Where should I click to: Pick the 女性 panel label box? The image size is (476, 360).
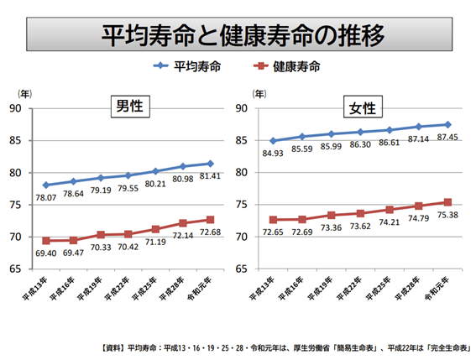tap(364, 107)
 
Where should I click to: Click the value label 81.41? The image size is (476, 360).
tap(210, 176)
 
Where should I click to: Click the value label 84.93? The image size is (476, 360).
tap(274, 154)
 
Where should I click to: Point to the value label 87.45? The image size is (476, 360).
tap(448, 138)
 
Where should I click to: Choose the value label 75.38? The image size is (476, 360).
tap(448, 215)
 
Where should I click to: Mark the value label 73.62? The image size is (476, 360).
tap(361, 227)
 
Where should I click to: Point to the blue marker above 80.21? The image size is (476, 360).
tap(156, 171)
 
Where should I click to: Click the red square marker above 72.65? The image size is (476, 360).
tap(274, 220)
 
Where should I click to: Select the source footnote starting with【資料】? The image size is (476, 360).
tap(285, 347)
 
